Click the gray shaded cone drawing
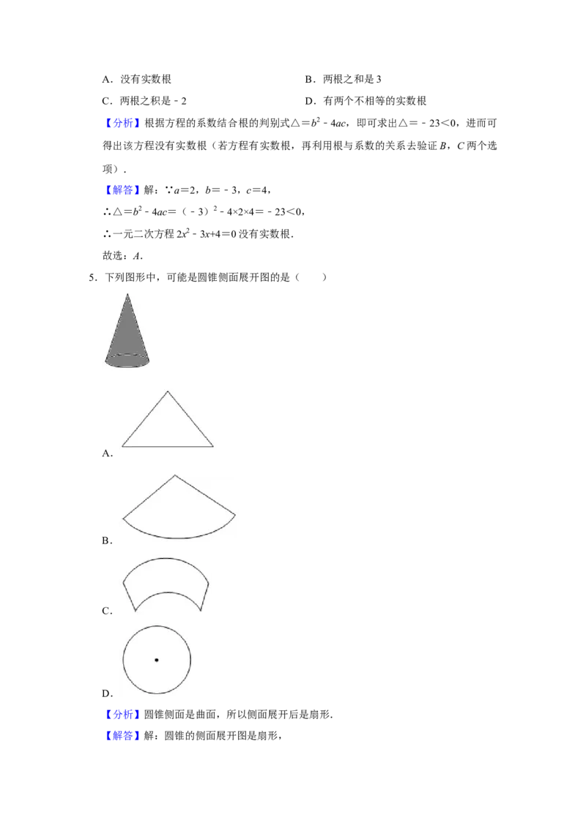pos(127,333)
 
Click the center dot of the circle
pos(157,660)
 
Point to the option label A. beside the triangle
pos(108,453)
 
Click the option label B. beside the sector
pos(108,541)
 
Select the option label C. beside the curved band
pos(108,611)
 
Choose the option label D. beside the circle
pos(108,693)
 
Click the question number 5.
pos(92,277)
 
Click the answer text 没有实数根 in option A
pos(146,79)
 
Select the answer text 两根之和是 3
pos(352,79)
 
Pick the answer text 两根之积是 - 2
pos(153,101)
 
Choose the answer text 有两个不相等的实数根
pos(374,101)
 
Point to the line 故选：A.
pos(123,255)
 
